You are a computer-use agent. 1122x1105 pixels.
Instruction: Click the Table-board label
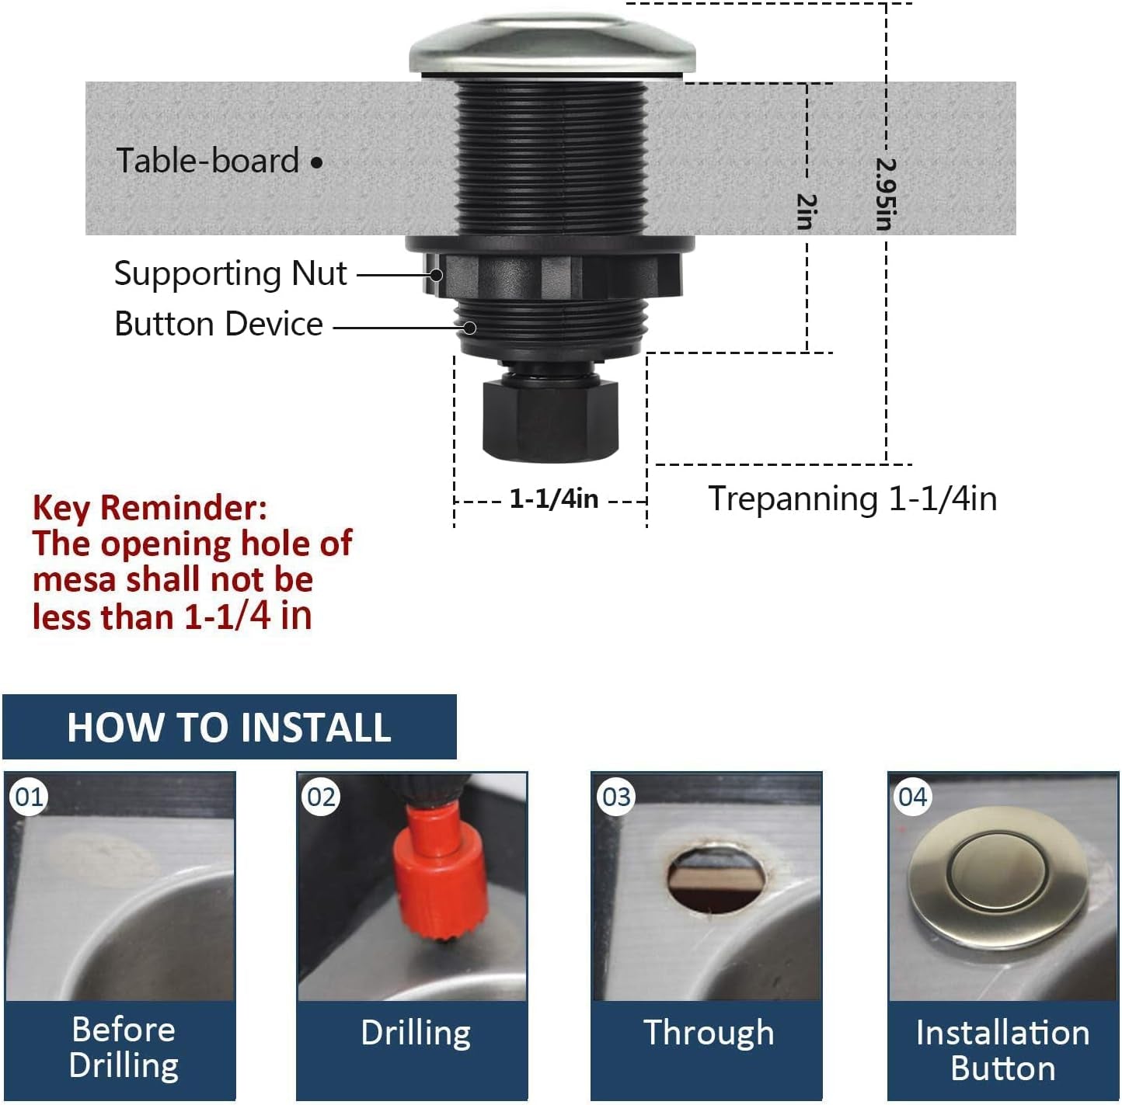click(x=207, y=161)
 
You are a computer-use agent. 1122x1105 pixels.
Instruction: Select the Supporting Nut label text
click(x=230, y=274)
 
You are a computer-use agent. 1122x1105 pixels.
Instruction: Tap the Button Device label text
click(x=218, y=324)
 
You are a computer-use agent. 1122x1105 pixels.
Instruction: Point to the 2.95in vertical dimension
click(x=885, y=194)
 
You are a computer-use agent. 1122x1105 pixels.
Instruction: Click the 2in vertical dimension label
click(x=807, y=212)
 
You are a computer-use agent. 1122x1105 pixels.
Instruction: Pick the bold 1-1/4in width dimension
click(x=553, y=499)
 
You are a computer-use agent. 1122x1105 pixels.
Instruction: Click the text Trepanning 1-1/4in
click(x=852, y=499)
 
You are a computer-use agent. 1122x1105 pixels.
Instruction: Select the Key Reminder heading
click(x=150, y=508)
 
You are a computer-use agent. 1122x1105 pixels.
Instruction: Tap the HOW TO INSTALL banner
click(x=229, y=728)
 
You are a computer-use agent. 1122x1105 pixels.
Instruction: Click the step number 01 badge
click(x=30, y=797)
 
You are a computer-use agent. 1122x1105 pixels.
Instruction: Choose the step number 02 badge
click(x=321, y=797)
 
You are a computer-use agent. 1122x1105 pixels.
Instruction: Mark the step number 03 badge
click(x=616, y=797)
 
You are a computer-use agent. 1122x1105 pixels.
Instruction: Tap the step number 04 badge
click(x=912, y=797)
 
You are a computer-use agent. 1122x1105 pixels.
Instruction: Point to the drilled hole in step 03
click(x=716, y=878)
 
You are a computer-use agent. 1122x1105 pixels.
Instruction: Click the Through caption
click(x=709, y=1033)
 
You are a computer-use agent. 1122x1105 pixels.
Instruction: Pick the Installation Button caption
click(x=1002, y=1050)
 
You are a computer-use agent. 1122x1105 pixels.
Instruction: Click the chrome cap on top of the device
click(x=552, y=45)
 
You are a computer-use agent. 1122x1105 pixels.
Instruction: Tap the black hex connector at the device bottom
click(x=550, y=418)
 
